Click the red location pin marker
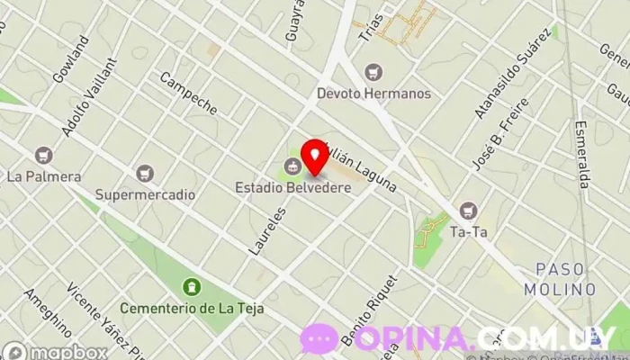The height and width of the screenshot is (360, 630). [314, 156]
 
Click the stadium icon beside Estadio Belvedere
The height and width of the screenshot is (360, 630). [292, 166]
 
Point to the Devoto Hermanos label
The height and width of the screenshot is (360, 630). [373, 93]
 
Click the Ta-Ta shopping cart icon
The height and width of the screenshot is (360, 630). [468, 211]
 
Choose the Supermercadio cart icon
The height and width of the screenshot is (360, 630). [145, 173]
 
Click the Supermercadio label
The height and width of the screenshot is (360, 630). [145, 193]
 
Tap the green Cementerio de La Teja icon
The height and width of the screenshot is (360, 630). [191, 287]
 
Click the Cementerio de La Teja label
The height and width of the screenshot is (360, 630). [191, 308]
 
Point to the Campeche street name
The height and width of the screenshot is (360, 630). [188, 93]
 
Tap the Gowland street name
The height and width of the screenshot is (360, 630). [71, 59]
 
